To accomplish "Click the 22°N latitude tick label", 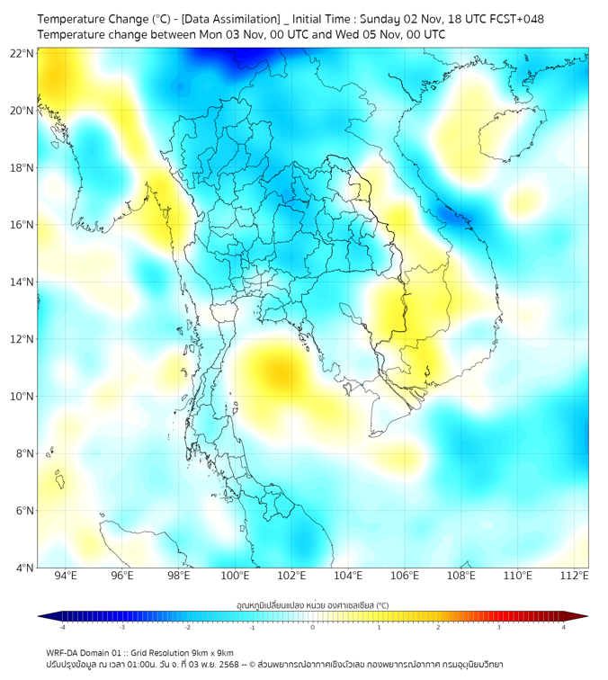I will (22, 53).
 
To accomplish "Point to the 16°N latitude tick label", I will (22, 225).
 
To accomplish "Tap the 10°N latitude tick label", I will (22, 397).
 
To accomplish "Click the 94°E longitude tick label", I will (66, 576).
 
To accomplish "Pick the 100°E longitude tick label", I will (235, 576).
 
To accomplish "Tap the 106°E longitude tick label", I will (405, 576).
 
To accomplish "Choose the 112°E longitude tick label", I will (574, 576).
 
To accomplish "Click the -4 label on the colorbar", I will (62, 627).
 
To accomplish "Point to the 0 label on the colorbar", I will (313, 627).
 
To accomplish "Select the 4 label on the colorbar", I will (564, 627).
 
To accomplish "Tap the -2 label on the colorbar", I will (187, 627).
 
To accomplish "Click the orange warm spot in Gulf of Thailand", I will (277, 370).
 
